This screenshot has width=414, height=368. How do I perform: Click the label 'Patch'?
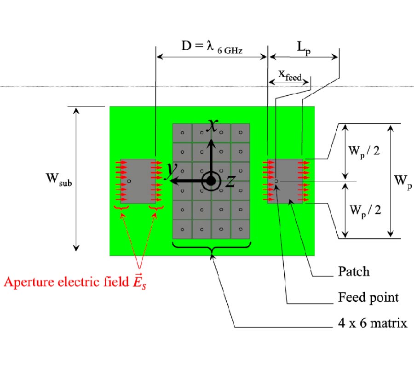click(351, 271)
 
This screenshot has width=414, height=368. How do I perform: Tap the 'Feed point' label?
click(365, 297)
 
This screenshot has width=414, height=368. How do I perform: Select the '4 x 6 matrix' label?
click(370, 323)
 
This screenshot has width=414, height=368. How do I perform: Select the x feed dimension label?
click(290, 75)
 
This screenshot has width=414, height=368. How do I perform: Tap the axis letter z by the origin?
click(230, 182)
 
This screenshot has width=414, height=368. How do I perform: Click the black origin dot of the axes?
click(211, 181)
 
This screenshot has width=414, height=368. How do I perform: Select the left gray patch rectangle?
click(138, 181)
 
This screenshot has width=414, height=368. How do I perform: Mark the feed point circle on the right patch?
click(276, 181)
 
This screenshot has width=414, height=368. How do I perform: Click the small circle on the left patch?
click(129, 181)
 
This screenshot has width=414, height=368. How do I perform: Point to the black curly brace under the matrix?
click(211, 248)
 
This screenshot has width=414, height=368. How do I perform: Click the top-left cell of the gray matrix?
click(182, 133)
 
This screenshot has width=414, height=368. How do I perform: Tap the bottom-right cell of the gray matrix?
click(240, 229)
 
